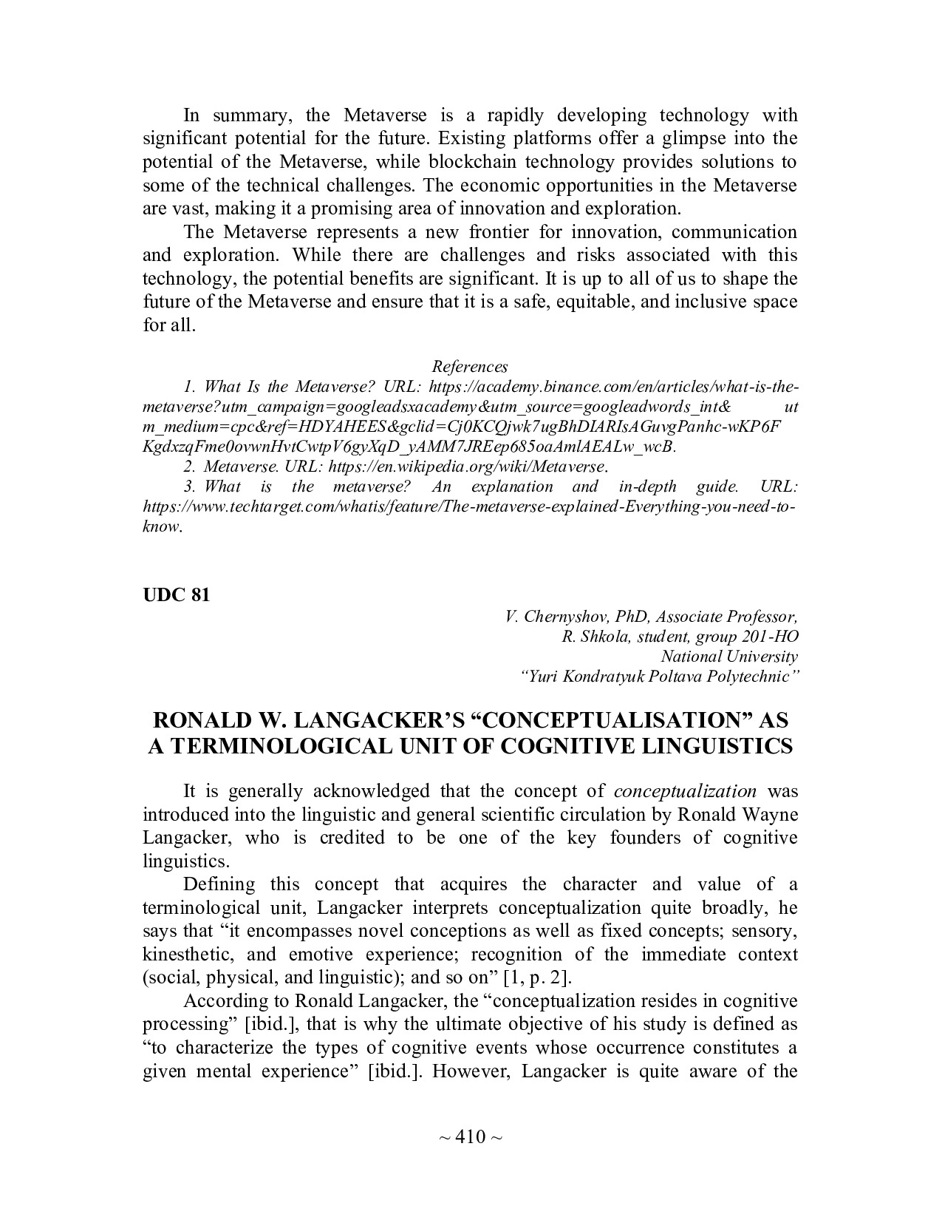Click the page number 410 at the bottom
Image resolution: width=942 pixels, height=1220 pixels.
[x=470, y=1136]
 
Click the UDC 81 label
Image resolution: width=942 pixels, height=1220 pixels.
[x=176, y=595]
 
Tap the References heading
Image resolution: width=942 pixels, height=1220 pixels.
[x=470, y=367]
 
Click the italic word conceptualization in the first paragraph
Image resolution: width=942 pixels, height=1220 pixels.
[x=685, y=791]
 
